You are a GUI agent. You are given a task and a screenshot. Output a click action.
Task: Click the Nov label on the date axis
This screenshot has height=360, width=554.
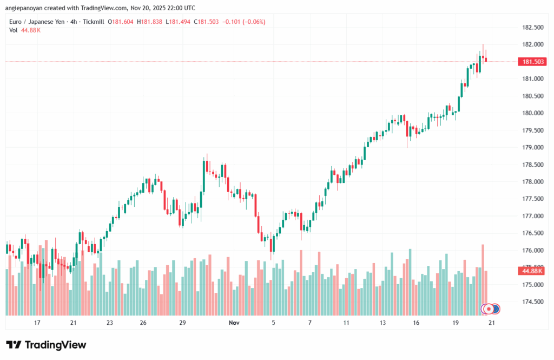pos(234,323)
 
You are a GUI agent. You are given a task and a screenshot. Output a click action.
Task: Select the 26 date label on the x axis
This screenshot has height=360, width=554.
pos(143,323)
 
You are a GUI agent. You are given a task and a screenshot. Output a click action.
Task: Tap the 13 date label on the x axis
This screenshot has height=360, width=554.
pos(383,323)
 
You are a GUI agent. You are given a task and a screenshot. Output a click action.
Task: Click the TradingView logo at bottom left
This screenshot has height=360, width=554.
pos(46,345)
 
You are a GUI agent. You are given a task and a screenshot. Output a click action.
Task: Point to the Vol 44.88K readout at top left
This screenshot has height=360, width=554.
pos(25,30)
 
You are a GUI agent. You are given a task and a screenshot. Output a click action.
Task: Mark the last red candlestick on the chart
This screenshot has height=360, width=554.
pos(486,59)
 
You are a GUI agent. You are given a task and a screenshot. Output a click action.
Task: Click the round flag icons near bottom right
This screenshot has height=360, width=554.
pos(491,309)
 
